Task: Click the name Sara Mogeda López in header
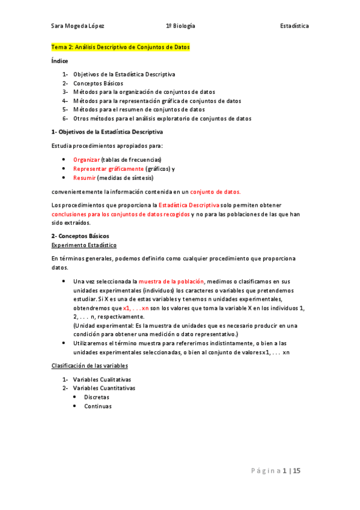78,26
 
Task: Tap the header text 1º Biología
180,26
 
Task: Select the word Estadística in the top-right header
294,26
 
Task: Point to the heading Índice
59,61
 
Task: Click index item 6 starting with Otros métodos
162,118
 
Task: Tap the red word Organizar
86,159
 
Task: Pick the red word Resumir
84,178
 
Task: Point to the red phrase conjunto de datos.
215,192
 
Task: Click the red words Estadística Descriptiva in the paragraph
189,206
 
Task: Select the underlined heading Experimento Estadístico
84,245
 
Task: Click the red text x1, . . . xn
135,308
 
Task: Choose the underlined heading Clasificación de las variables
89,366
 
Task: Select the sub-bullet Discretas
97,398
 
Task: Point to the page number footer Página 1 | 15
276,471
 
